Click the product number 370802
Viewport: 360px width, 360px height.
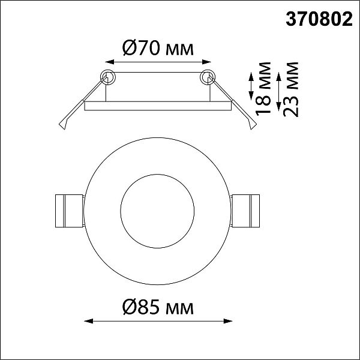point(319,19)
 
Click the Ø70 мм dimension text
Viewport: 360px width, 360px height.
point(158,47)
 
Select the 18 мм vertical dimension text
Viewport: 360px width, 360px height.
point(263,89)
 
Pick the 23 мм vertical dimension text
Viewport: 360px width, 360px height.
point(290,89)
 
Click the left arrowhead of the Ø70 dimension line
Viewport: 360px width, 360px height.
point(110,62)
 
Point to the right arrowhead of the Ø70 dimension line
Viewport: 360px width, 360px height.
point(206,62)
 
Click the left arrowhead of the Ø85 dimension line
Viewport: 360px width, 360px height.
point(89,321)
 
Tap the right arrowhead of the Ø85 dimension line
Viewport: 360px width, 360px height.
point(228,321)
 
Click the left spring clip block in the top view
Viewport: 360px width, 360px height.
point(69,211)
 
